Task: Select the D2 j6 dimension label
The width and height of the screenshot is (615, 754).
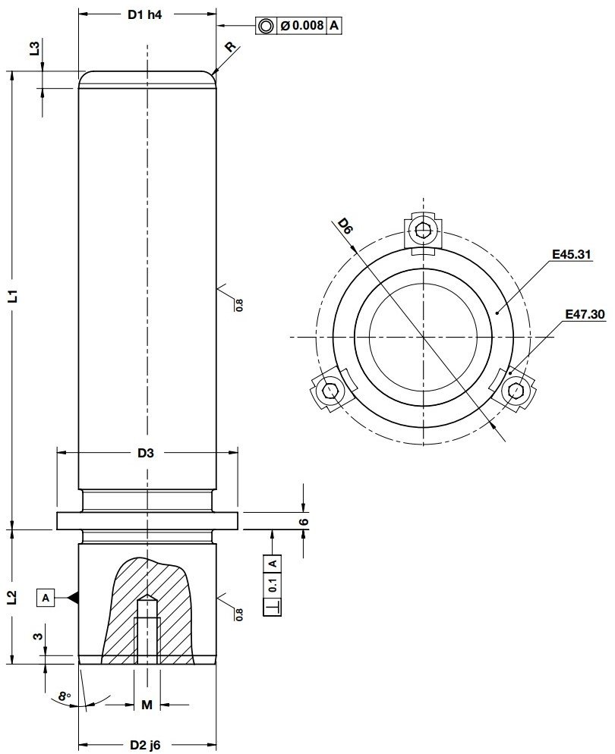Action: coord(146,744)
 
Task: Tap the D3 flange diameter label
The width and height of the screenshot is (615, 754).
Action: coord(146,453)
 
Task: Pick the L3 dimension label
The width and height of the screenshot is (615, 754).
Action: coord(34,49)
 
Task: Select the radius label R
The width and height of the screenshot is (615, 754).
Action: coord(230,47)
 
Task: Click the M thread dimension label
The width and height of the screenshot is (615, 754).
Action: coord(147,705)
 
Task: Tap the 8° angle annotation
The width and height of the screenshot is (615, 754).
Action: coord(65,696)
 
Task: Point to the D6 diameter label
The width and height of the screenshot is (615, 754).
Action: coord(345,226)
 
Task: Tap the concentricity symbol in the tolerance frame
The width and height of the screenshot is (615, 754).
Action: coord(266,26)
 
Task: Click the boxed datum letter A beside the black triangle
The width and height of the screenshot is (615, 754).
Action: coord(46,598)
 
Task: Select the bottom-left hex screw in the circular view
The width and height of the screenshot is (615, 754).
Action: coord(329,391)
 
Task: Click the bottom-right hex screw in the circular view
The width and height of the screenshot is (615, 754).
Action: coord(517,391)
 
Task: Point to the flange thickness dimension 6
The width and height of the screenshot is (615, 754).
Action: coord(304,522)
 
